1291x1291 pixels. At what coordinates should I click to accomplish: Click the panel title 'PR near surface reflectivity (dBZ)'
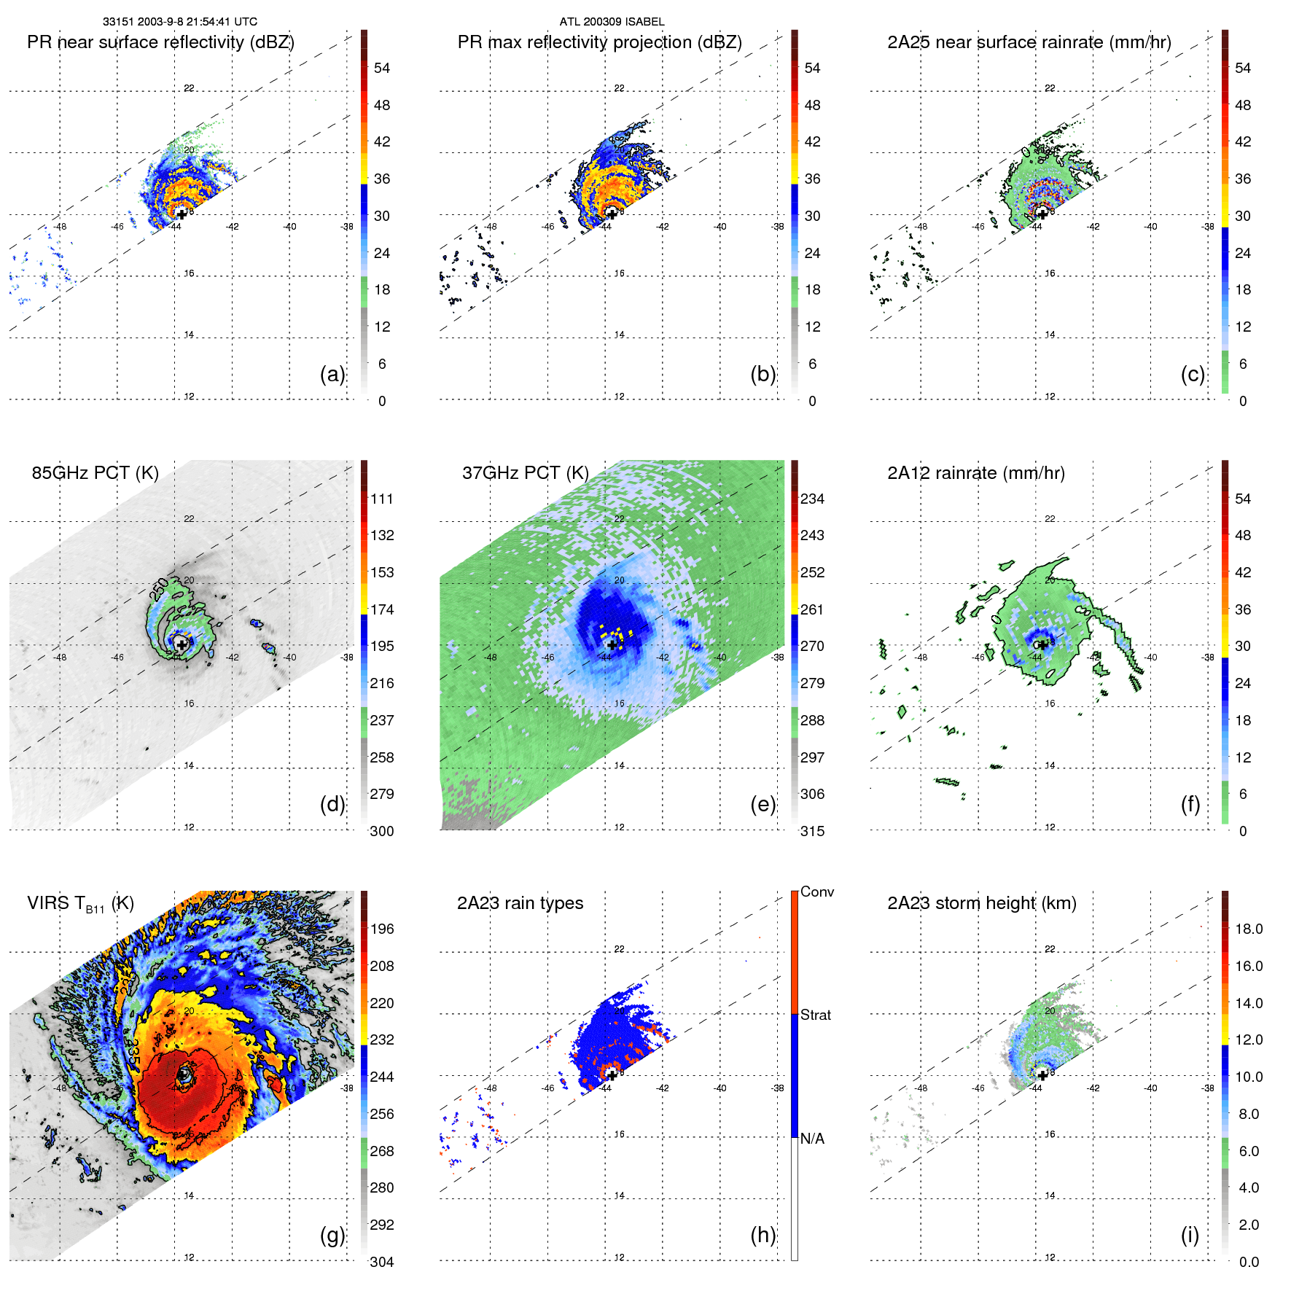160,42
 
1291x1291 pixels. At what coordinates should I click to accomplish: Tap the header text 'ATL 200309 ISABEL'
612,22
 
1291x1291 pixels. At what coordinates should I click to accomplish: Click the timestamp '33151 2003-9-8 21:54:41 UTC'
180,22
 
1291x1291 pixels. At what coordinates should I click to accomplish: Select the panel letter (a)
332,374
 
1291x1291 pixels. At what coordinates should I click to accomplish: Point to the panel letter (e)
762,804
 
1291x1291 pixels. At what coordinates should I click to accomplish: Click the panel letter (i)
1190,1235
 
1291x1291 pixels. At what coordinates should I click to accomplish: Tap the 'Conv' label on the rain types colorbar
817,892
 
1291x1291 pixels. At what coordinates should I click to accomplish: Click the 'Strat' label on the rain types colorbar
816,1015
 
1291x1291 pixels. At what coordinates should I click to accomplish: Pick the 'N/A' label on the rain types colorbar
812,1139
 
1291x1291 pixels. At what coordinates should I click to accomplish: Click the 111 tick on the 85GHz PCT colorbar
382,499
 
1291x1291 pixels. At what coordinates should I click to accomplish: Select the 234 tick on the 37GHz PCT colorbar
812,499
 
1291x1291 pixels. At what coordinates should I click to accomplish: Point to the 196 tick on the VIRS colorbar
382,929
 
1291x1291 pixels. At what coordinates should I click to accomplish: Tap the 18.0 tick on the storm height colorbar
1249,929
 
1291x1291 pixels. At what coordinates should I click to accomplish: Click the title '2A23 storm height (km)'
982,903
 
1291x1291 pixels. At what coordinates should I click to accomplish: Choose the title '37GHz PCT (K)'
525,473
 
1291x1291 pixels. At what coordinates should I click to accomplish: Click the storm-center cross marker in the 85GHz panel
182,644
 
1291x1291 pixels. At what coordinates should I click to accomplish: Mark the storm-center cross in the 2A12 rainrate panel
1042,644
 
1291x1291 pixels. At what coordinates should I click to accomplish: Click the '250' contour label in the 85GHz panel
159,588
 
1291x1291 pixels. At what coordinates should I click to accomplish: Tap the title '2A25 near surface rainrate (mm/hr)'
1029,42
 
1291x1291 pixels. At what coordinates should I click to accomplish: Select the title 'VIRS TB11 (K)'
80,904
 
